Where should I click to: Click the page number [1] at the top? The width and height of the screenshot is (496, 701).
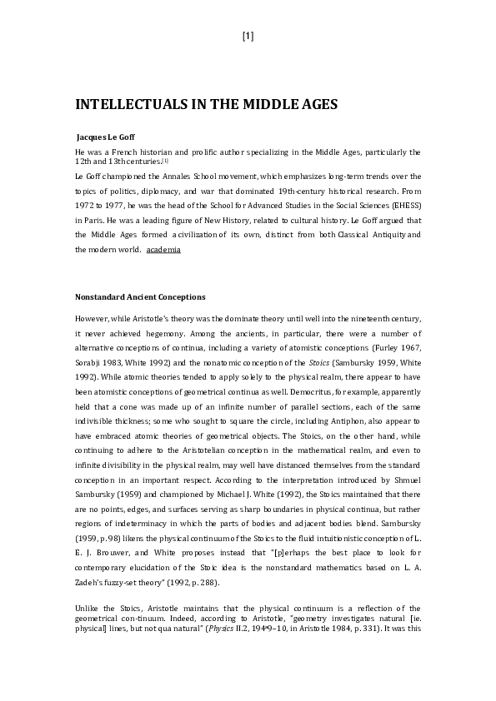248,36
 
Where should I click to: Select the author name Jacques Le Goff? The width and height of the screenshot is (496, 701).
105,136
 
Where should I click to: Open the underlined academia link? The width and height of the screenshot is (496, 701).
163,250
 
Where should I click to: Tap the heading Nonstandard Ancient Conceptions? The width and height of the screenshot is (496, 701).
140,297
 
